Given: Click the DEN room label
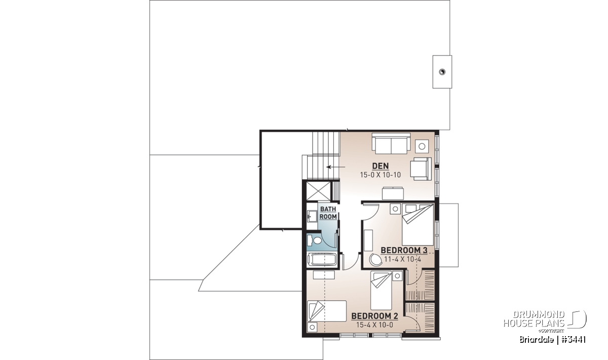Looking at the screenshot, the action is [x=381, y=166].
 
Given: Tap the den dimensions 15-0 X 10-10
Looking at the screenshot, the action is [x=381, y=175].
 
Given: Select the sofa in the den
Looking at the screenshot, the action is [x=391, y=143].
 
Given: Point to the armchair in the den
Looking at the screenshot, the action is [x=421, y=169].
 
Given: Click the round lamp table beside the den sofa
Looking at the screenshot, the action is [x=422, y=146].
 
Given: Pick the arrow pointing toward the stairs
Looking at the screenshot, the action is [x=336, y=167].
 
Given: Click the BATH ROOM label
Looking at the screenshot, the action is [x=328, y=213].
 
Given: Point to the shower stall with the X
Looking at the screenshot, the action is [x=318, y=191].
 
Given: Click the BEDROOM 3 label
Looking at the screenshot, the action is [x=404, y=251].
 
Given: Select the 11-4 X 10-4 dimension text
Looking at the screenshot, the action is [x=402, y=259].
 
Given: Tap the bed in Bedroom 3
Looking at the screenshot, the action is [x=417, y=225].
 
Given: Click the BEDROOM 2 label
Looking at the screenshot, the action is [x=374, y=316].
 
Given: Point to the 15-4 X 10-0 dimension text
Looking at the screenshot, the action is [x=374, y=325].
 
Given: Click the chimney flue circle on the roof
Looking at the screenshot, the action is [x=442, y=72].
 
